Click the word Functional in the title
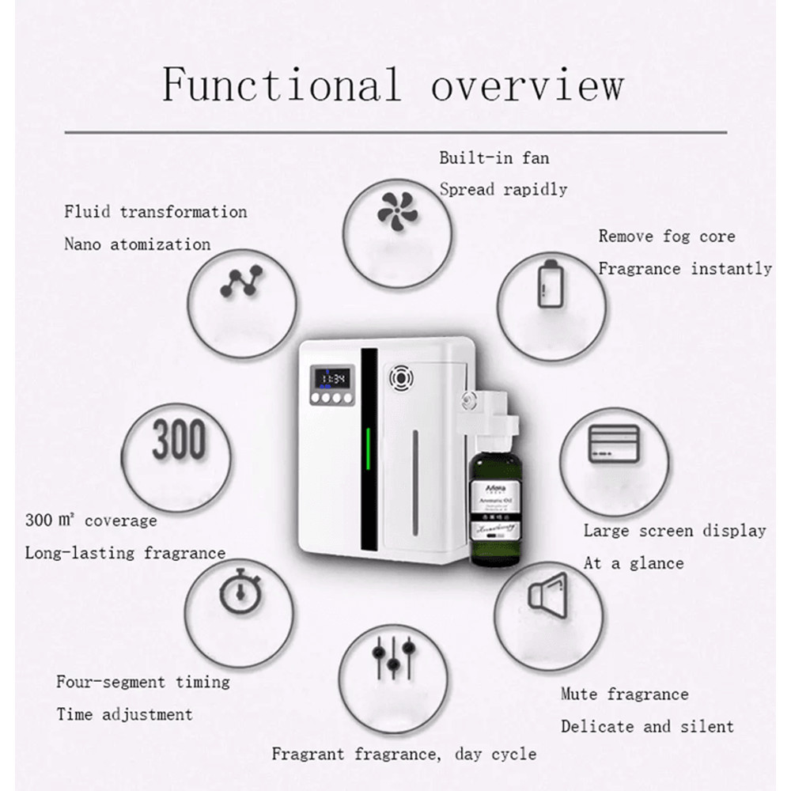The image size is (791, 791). pos(282,85)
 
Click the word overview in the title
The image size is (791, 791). pos(527,85)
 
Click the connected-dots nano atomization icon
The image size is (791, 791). pos(241,282)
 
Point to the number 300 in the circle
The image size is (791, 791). pos(179,440)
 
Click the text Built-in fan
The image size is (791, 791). pos(494,157)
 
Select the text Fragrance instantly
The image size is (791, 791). pos(684,269)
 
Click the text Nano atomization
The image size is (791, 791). pos(137,244)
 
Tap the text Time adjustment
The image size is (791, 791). pos(124,714)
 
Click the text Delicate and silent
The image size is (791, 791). pos(647,726)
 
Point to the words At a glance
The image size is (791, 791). pos(633,563)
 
